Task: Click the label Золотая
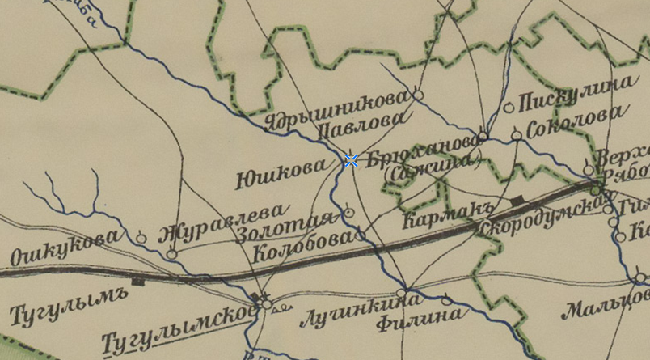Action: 287,226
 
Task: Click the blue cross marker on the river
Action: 352,160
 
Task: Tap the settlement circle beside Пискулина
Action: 509,107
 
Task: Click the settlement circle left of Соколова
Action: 517,135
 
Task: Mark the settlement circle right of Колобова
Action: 360,236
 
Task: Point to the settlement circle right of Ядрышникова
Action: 418,95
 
